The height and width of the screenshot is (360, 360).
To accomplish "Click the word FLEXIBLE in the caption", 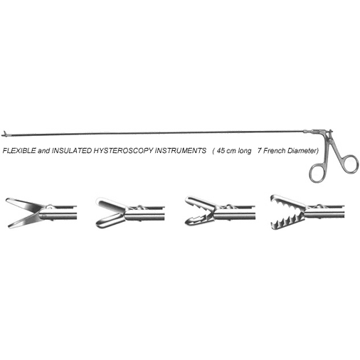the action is [x=19, y=151].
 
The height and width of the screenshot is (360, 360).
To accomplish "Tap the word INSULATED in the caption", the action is [x=71, y=151].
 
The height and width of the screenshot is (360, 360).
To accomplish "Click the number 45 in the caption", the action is [x=221, y=151].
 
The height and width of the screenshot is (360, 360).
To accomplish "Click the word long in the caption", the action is [x=244, y=151].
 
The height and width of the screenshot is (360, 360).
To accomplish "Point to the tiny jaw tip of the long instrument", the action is [x=4, y=134].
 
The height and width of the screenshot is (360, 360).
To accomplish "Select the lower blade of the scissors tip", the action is [x=25, y=221].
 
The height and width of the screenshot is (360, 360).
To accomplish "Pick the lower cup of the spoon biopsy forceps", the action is [x=110, y=221].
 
